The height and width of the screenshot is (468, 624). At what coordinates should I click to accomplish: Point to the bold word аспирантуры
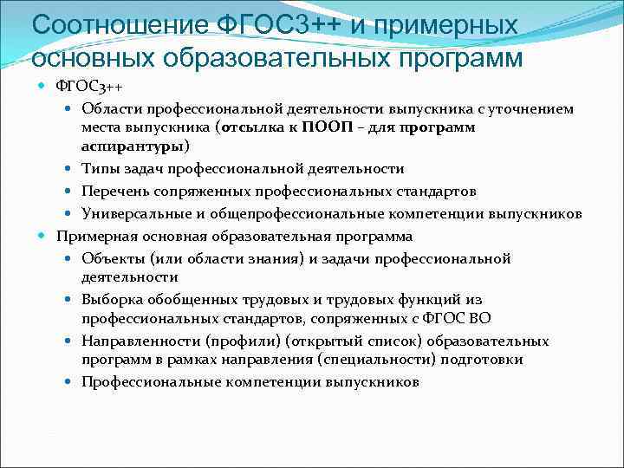[133, 146]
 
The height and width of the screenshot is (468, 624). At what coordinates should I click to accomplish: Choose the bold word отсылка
[257, 127]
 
